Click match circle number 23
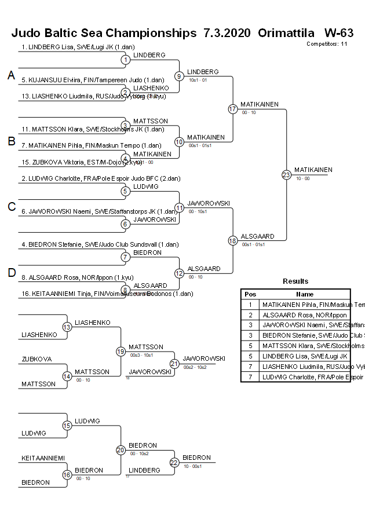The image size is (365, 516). (x=286, y=174)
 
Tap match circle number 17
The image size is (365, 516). (x=233, y=109)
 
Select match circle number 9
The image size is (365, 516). (x=179, y=76)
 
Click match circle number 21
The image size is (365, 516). (x=174, y=363)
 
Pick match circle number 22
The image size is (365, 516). (x=174, y=462)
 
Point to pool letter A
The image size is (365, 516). (x=11, y=75)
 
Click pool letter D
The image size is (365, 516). (x=11, y=273)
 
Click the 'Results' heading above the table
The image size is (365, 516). (x=295, y=281)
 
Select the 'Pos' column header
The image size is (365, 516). (x=250, y=294)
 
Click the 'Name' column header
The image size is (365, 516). (x=305, y=294)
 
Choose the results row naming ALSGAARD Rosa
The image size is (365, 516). (x=305, y=315)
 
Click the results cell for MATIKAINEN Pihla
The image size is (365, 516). (x=305, y=305)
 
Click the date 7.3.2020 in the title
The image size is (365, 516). (x=227, y=33)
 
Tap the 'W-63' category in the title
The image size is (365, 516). (x=339, y=33)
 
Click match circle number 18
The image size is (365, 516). (x=233, y=240)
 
